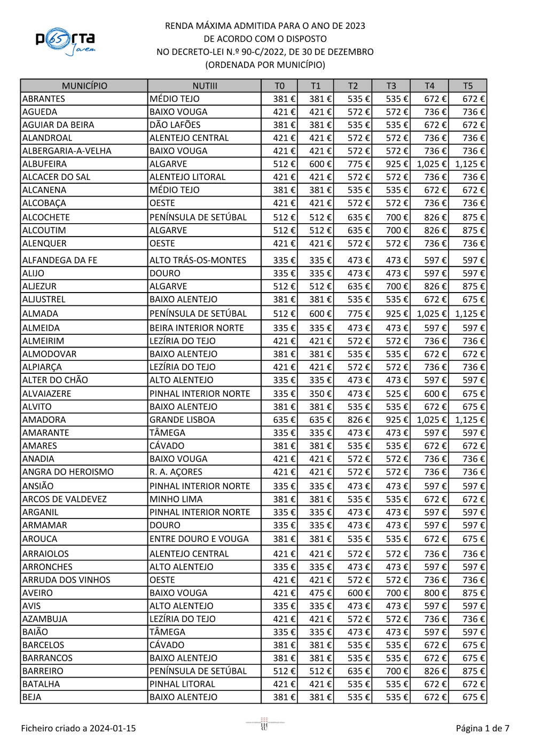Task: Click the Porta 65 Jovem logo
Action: point(65,41)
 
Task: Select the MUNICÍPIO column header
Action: point(84,85)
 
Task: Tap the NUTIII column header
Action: point(205,85)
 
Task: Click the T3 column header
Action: point(391,85)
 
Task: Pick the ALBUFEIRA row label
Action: point(45,164)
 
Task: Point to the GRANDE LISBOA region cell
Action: point(182,420)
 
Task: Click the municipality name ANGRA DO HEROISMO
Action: point(68,472)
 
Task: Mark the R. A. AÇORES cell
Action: point(176,472)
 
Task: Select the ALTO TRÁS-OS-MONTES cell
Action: point(198,260)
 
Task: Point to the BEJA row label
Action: point(32,697)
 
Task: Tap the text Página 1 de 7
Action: point(482,728)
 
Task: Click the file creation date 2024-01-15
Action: point(113,728)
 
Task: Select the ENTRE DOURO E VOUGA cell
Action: point(199,539)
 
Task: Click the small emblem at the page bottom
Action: point(264,724)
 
